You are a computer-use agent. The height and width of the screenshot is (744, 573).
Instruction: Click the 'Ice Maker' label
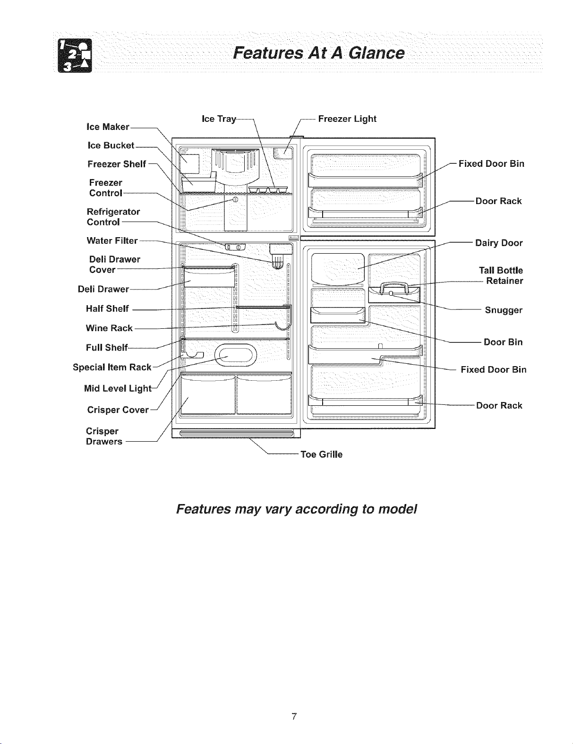tap(108, 127)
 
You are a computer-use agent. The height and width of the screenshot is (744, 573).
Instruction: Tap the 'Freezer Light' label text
tap(347, 119)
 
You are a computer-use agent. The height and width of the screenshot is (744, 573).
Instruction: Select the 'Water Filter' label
tap(112, 241)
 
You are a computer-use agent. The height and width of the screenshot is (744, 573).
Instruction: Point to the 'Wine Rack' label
tap(109, 328)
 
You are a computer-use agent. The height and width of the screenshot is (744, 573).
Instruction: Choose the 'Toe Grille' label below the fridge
tap(321, 454)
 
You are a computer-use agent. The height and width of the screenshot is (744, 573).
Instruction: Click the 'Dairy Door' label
tap(499, 243)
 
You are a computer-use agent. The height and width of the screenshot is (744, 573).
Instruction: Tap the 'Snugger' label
tap(504, 310)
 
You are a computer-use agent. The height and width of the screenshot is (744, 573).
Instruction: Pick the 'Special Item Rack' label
tap(112, 368)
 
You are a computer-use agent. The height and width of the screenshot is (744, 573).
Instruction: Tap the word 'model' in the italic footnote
tap(398, 509)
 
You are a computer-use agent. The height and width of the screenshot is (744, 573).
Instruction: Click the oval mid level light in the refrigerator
tap(236, 355)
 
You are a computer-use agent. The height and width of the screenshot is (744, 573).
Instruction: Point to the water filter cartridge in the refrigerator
tap(278, 262)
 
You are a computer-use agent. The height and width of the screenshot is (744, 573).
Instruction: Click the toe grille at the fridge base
tap(236, 434)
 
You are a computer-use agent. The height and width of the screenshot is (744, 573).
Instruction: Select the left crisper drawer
tap(208, 394)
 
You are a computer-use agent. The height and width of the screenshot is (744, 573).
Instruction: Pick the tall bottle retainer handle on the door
tap(394, 288)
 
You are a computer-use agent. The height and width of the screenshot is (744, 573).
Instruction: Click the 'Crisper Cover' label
tap(118, 410)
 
